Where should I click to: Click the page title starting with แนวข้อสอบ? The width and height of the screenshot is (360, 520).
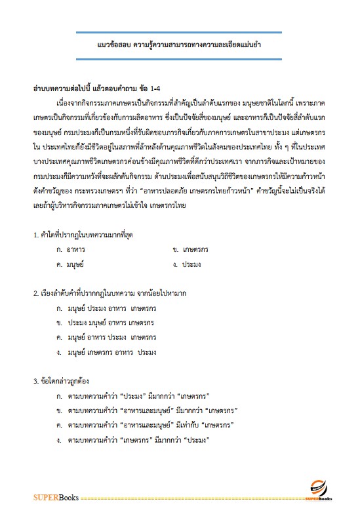click(x=180, y=45)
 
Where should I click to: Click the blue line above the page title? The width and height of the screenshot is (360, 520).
click(x=180, y=32)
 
